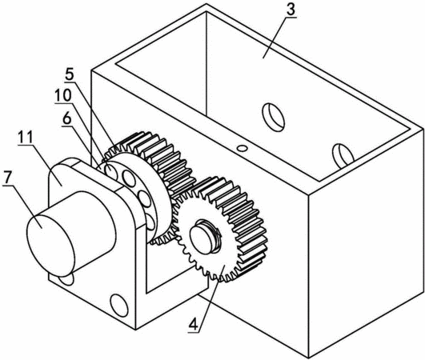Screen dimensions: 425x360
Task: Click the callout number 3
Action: click(291, 10)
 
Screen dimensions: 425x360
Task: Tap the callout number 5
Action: click(70, 74)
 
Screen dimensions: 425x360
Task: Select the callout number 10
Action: click(63, 95)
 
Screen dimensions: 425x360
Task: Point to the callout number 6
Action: click(66, 118)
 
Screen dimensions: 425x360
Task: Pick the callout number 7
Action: click(6, 178)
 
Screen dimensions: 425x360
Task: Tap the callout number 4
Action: click(194, 323)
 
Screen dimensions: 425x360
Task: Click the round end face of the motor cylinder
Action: click(50, 244)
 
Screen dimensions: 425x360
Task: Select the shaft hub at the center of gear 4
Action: click(204, 236)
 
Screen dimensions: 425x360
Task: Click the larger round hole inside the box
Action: click(273, 117)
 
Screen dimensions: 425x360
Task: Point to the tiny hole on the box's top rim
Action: click(242, 148)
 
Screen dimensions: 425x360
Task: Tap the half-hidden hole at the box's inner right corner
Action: click(343, 156)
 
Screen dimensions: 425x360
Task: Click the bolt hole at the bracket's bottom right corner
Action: click(119, 305)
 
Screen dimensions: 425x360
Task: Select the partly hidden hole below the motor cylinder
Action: click(66, 279)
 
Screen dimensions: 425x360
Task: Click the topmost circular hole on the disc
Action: click(111, 171)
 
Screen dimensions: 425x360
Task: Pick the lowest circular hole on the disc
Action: click(150, 222)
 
